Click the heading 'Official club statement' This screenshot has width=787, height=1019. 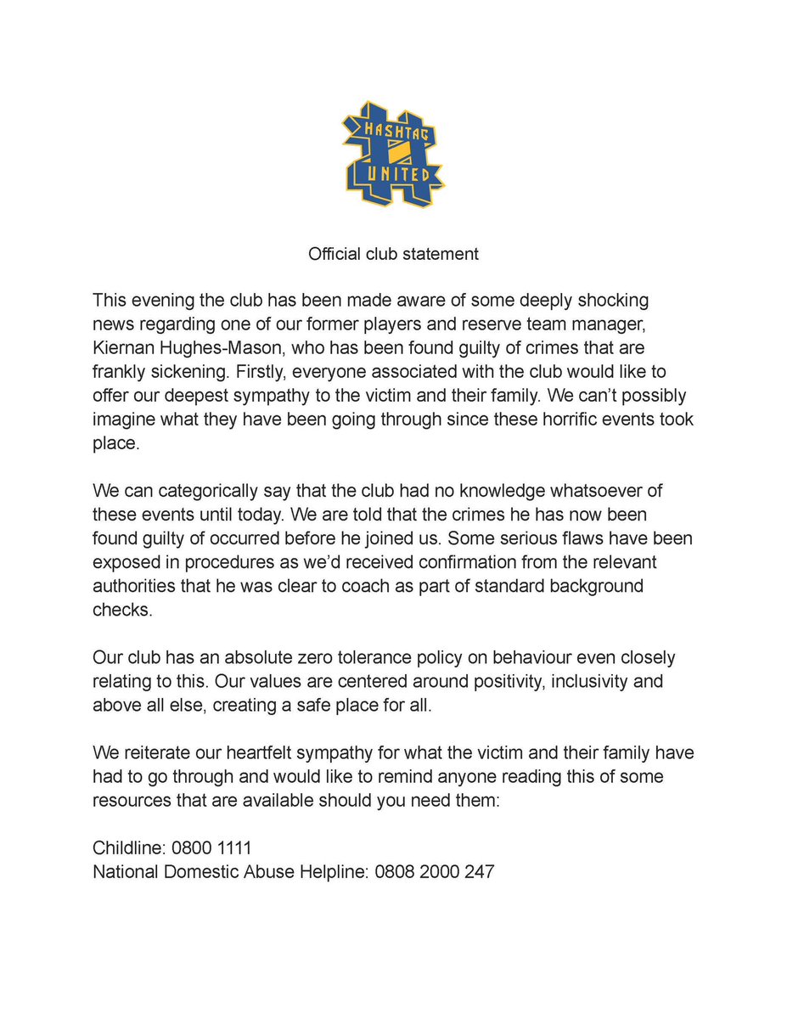point(393,254)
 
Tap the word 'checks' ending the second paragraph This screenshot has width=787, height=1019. point(122,610)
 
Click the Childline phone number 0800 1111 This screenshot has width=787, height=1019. point(212,847)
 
